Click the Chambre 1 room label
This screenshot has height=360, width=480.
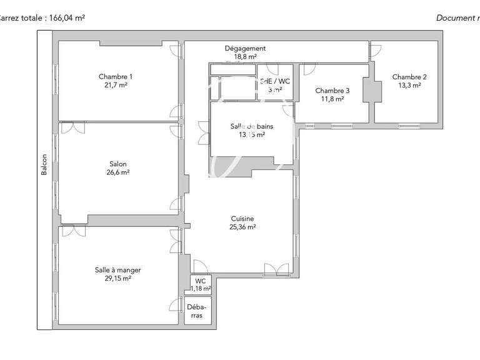coord(116,77)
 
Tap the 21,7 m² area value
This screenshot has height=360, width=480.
coord(116,85)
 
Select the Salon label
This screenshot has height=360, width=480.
coord(117,164)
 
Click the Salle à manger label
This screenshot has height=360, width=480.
coord(117,270)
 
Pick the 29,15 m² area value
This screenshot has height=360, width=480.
coord(117,279)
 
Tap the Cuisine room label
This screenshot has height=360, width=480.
coord(242,219)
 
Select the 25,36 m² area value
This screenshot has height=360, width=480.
coord(242,227)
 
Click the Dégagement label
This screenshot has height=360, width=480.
coord(245,48)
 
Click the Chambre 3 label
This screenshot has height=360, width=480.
coord(332,91)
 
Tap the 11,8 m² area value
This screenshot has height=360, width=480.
coord(332,99)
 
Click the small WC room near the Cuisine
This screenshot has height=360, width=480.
coord(201,284)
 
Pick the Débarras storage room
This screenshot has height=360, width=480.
coord(197,311)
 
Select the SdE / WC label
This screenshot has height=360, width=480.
coord(275,81)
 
